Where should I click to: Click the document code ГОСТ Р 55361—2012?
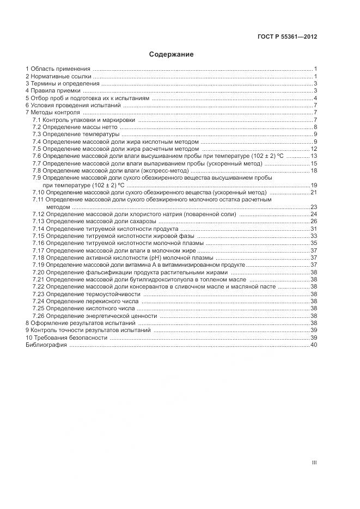(x=287, y=37)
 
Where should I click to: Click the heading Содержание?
(x=171, y=54)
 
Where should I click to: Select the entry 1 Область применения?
(x=58, y=69)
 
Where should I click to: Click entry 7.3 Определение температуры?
(x=75, y=134)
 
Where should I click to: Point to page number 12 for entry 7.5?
(x=314, y=149)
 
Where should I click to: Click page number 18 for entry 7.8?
(x=314, y=171)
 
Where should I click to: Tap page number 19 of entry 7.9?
(x=314, y=186)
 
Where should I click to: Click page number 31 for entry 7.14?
(x=314, y=229)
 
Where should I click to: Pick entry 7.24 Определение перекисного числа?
(x=85, y=301)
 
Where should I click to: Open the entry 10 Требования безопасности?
(x=66, y=338)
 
